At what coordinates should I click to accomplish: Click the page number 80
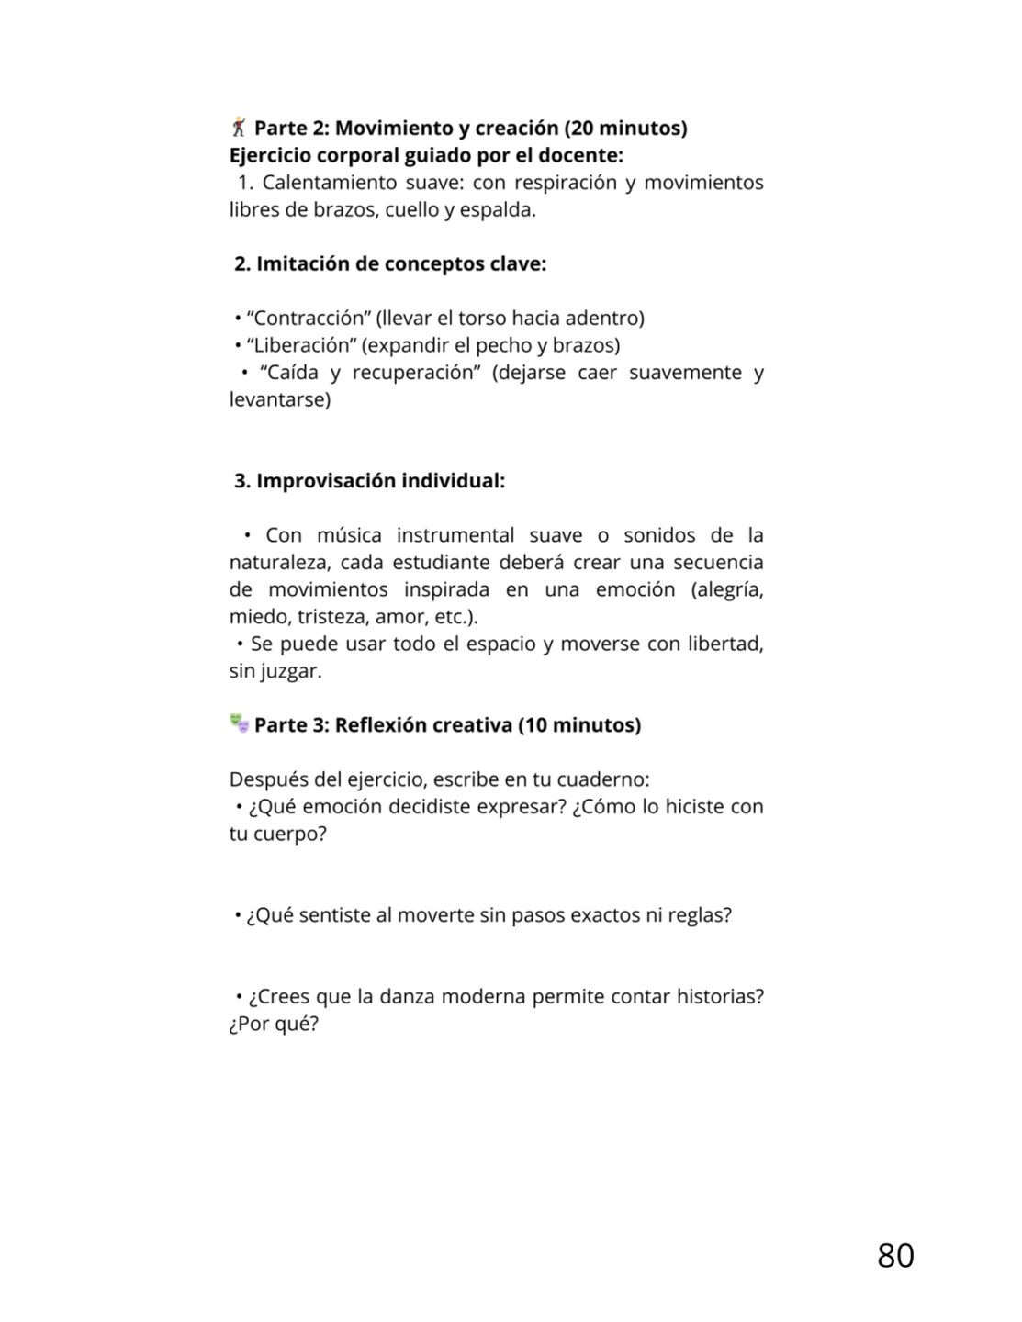click(894, 1255)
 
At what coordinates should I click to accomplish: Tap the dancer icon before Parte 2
click(239, 127)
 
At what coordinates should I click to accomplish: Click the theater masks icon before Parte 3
click(239, 723)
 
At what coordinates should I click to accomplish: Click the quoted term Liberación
click(300, 345)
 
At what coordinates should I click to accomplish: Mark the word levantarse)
click(279, 400)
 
